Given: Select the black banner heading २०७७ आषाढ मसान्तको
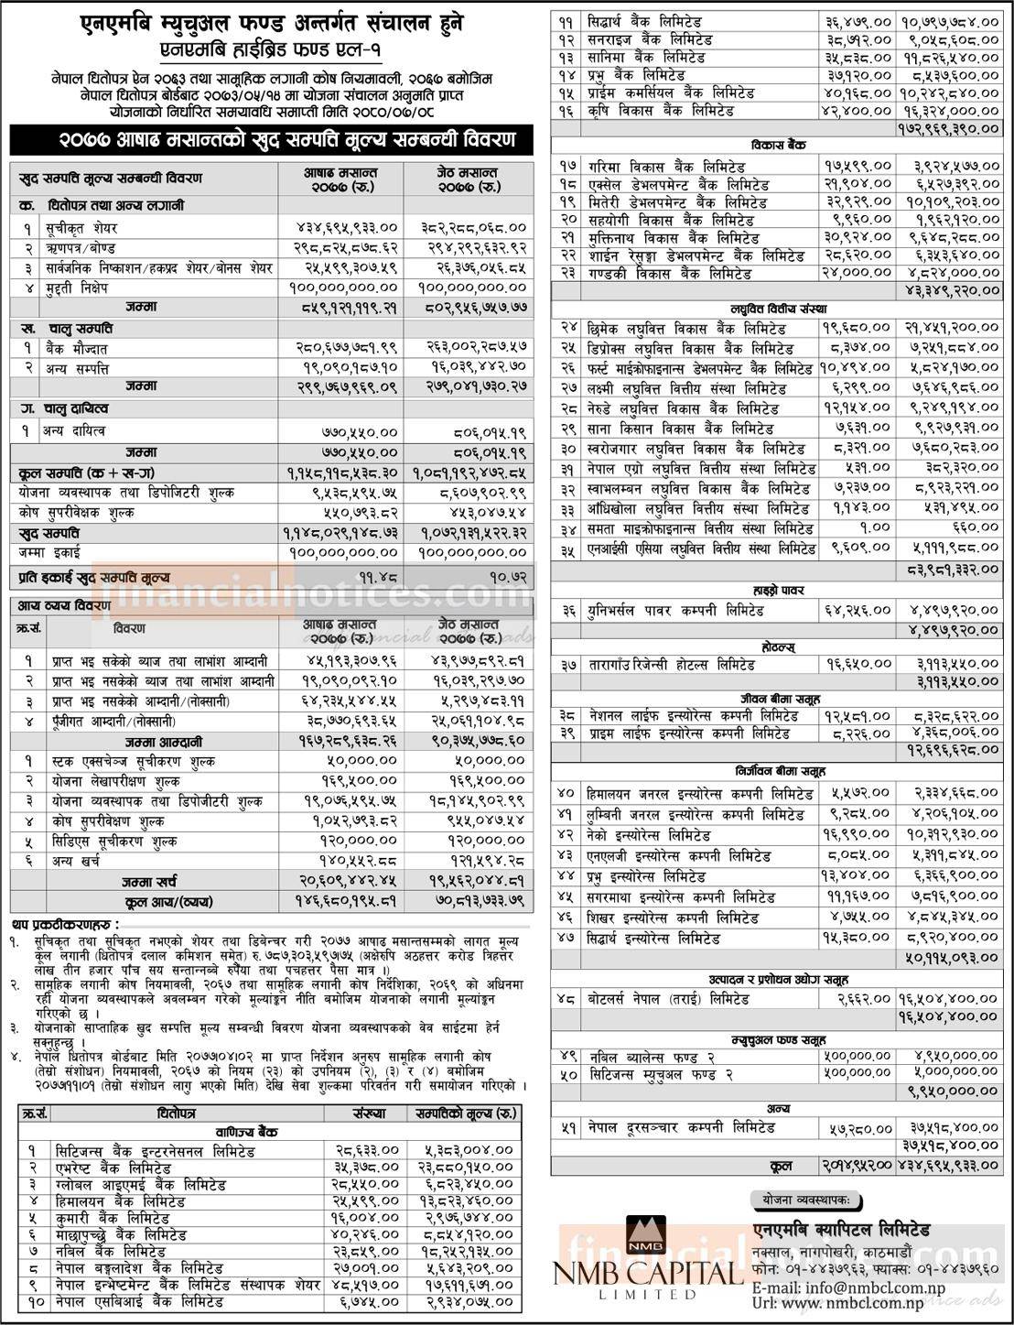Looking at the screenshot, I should (x=271, y=140).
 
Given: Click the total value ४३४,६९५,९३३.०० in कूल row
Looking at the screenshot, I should (x=949, y=1166).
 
